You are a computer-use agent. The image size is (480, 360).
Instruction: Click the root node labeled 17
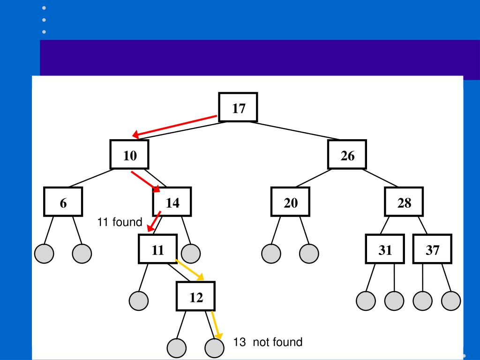pyautogui.click(x=238, y=108)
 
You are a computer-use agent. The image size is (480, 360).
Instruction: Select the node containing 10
pyautogui.click(x=129, y=155)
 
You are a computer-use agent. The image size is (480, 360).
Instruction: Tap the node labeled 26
pyautogui.click(x=347, y=155)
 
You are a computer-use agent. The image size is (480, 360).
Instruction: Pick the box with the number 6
pyautogui.click(x=63, y=202)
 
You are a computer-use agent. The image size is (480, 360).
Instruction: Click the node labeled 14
pyautogui.click(x=172, y=202)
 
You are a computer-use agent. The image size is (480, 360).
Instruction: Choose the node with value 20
pyautogui.click(x=290, y=202)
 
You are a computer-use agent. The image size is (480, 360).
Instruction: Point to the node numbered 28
pyautogui.click(x=404, y=202)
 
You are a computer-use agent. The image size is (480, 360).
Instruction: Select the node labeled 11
pyautogui.click(x=157, y=249)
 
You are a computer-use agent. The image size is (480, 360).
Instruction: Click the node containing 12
pyautogui.click(x=195, y=296)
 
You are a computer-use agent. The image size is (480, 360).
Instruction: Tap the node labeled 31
pyautogui.click(x=385, y=249)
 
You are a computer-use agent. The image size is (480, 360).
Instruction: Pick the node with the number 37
pyautogui.click(x=432, y=249)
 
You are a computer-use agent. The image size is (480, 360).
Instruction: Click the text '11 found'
pyautogui.click(x=120, y=222)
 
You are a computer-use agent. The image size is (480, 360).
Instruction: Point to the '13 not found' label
pyautogui.click(x=268, y=342)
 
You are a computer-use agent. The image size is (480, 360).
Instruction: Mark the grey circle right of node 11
pyautogui.click(x=190, y=253)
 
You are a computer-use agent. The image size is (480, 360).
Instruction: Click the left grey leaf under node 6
pyautogui.click(x=44, y=253)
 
